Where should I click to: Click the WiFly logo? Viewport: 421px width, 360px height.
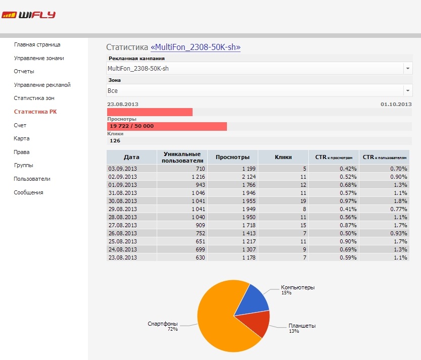click(x=28, y=15)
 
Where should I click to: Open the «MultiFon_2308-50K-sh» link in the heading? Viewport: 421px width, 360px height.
click(x=196, y=47)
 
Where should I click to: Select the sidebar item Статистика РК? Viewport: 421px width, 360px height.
click(x=35, y=112)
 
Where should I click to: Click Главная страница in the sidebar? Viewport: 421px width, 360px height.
click(x=37, y=44)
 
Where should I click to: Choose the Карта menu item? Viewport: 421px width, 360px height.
click(x=22, y=138)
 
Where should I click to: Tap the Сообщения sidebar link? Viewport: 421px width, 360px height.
click(x=28, y=192)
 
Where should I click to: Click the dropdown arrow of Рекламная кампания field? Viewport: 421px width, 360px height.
click(x=407, y=68)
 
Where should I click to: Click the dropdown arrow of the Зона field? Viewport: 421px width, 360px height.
click(x=407, y=91)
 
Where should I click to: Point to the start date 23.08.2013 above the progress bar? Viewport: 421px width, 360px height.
click(x=123, y=104)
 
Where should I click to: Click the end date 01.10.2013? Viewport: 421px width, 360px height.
click(x=396, y=104)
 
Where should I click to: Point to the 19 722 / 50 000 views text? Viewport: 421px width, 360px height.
click(x=131, y=126)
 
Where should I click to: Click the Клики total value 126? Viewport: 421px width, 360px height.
click(x=115, y=141)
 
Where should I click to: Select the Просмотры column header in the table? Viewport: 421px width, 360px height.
click(x=232, y=157)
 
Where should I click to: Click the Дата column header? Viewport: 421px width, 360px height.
click(x=131, y=157)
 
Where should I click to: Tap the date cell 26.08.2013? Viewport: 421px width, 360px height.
click(x=123, y=233)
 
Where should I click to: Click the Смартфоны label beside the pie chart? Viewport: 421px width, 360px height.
click(x=163, y=324)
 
